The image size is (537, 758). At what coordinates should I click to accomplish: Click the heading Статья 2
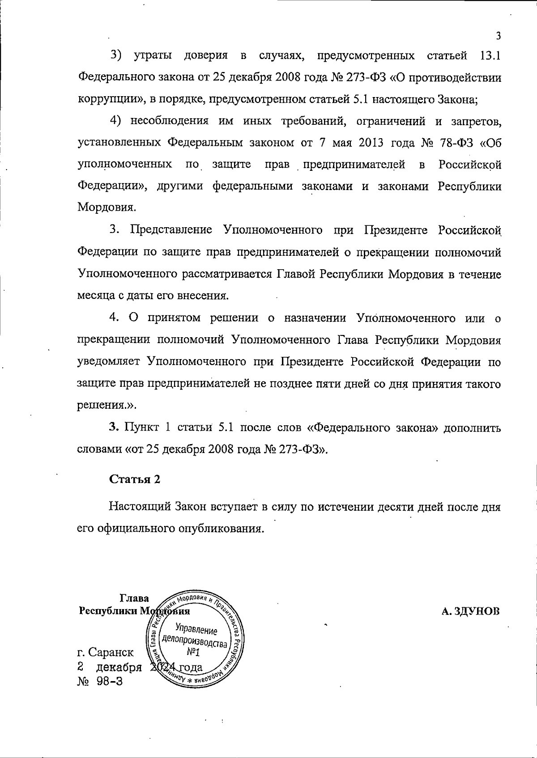(x=135, y=479)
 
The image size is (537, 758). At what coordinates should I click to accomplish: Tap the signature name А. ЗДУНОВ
(x=470, y=611)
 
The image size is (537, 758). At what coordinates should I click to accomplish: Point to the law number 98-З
(x=110, y=681)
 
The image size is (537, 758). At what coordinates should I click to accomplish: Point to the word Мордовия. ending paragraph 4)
(x=107, y=207)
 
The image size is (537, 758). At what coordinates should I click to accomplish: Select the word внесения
(x=205, y=296)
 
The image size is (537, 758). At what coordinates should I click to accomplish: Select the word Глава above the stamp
(x=134, y=598)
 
